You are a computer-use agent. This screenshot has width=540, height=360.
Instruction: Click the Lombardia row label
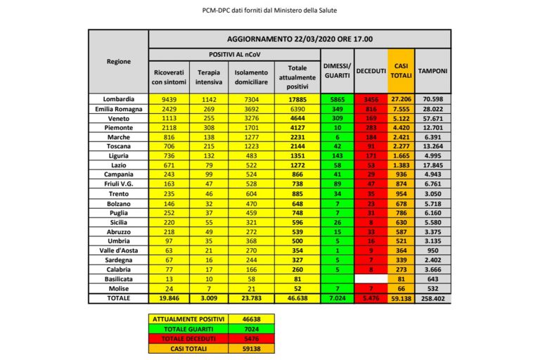(118, 100)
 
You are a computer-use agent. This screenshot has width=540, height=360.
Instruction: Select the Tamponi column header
(434, 71)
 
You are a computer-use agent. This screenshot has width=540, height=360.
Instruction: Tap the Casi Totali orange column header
(401, 70)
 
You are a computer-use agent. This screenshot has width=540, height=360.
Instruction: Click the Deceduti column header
(370, 71)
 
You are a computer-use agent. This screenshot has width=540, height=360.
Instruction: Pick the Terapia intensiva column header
(210, 77)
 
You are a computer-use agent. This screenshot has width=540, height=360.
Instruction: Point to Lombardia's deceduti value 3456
(370, 100)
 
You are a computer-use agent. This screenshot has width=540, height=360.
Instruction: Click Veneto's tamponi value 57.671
(434, 119)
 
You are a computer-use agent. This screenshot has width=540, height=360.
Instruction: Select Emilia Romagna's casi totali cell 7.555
(401, 110)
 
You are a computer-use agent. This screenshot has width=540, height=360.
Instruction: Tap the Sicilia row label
(118, 220)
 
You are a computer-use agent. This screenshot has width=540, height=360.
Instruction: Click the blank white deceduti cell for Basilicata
(370, 278)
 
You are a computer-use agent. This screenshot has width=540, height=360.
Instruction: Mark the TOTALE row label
(118, 298)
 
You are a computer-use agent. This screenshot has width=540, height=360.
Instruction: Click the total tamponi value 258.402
(434, 298)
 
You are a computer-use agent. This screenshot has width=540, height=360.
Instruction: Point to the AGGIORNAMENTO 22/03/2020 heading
(300, 39)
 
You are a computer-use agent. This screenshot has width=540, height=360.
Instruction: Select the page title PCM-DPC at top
(269, 11)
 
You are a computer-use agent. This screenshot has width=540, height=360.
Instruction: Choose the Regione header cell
(118, 62)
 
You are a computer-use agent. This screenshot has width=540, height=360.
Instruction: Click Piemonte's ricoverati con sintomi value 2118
(164, 129)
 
